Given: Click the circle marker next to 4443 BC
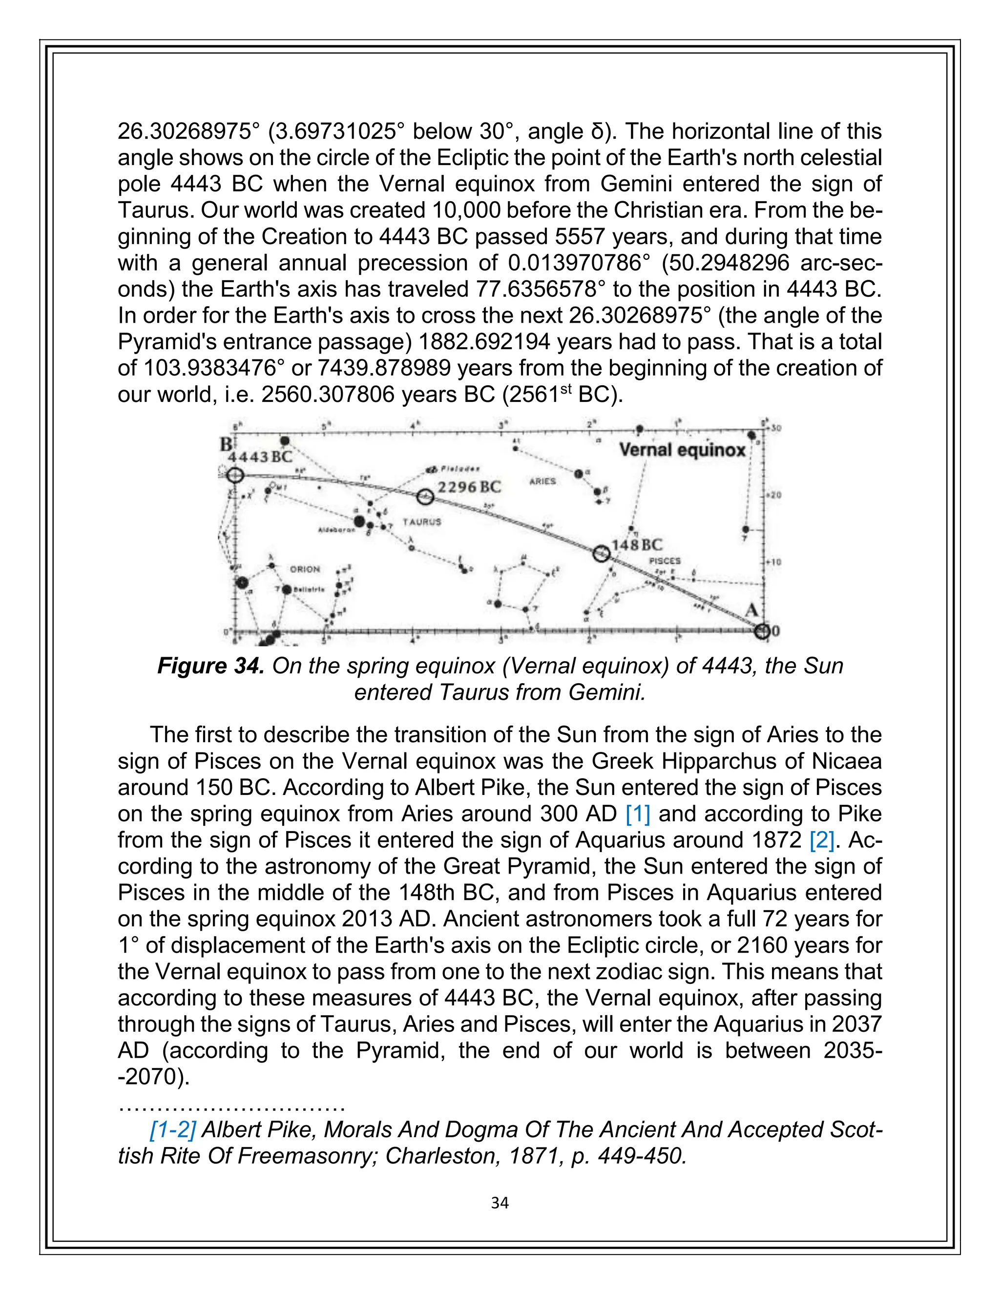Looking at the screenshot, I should click(235, 475).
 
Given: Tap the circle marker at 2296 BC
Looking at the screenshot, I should click(425, 497).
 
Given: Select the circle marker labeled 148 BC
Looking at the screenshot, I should click(601, 553).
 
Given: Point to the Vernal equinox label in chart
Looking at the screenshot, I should click(682, 450).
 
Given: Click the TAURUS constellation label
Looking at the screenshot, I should click(422, 522).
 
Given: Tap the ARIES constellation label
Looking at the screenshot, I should click(542, 481).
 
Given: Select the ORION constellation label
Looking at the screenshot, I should click(305, 569).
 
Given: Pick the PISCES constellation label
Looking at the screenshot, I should click(665, 561).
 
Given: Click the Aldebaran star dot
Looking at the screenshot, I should click(359, 522).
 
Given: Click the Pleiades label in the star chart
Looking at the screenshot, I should click(459, 469).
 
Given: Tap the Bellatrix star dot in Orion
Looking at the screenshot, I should click(287, 589).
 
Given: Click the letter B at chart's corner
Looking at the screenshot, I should click(226, 444).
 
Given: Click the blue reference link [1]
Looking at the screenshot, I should click(637, 814).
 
